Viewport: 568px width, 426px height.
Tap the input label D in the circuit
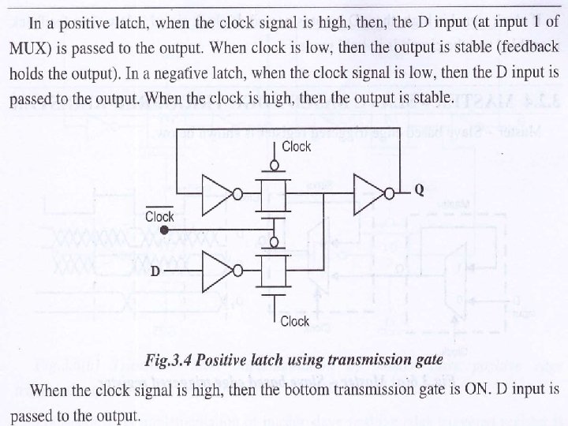click(x=155, y=271)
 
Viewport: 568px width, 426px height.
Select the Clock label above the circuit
click(x=296, y=147)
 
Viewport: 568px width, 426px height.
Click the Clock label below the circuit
click(x=294, y=321)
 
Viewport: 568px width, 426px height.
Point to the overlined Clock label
click(x=159, y=215)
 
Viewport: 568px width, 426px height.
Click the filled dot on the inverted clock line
click(x=163, y=230)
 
